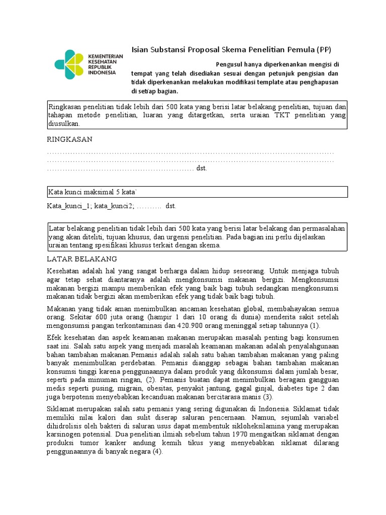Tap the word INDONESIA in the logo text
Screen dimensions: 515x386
click(102, 72)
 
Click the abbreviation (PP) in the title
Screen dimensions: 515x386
click(324, 49)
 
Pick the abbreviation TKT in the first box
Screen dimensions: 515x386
click(270, 115)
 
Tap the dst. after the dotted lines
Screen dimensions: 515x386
click(202, 168)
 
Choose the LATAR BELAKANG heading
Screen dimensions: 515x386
click(81, 259)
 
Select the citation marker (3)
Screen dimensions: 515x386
click(267, 397)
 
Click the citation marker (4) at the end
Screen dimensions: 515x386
click(158, 452)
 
